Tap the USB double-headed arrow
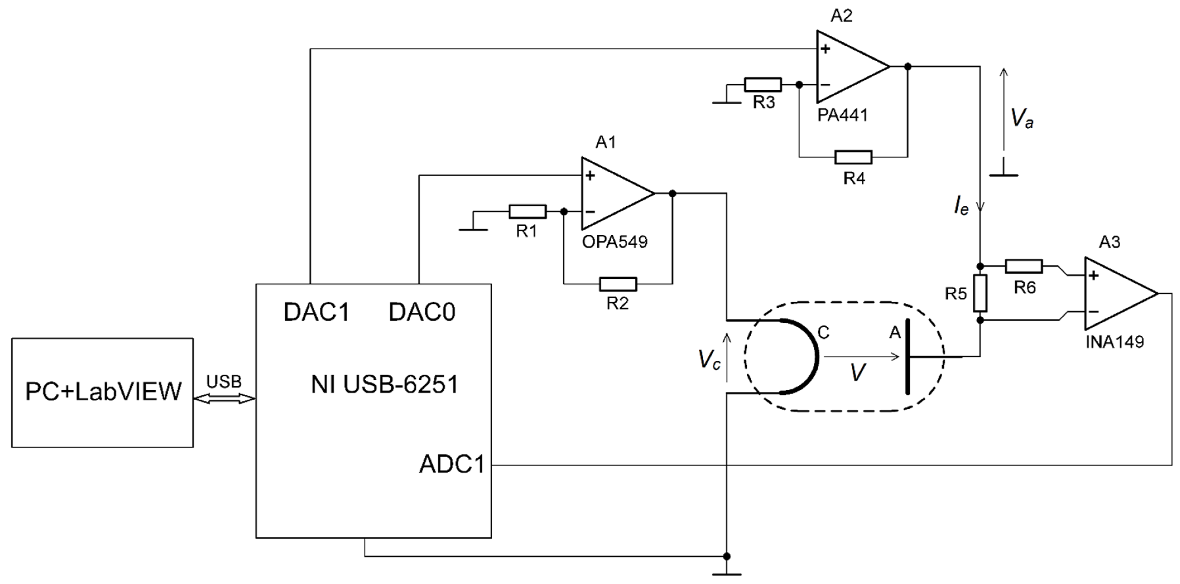(x=224, y=399)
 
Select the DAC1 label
(x=317, y=312)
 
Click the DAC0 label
(x=422, y=312)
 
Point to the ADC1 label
(x=452, y=464)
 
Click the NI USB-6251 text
(x=384, y=384)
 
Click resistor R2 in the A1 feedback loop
(x=618, y=284)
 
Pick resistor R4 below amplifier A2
(x=853, y=157)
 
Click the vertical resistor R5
(x=980, y=293)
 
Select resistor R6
(x=1024, y=266)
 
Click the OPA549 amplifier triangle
(x=611, y=194)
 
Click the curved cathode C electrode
(x=811, y=356)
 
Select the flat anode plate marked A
(x=907, y=356)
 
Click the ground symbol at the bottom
(x=726, y=573)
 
